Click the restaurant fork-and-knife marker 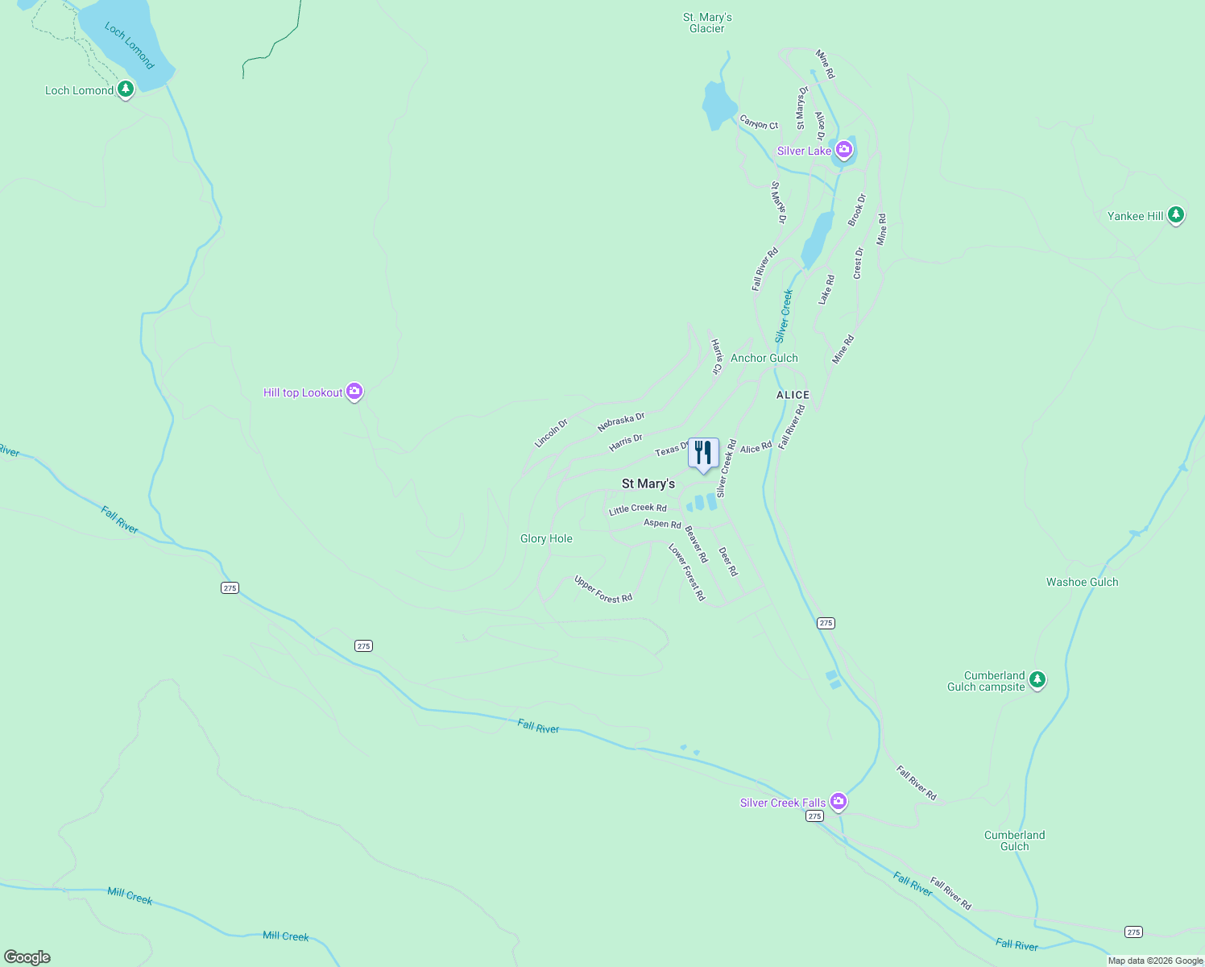coord(703,454)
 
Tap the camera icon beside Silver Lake coord(843,149)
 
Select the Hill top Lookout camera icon coord(354,392)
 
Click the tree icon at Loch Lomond coord(125,89)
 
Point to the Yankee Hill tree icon coord(1176,215)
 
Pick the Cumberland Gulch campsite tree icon coord(1037,680)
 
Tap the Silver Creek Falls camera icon coord(839,801)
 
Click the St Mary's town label coord(648,483)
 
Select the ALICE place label coord(793,395)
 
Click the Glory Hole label coord(546,538)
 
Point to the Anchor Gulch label coord(764,358)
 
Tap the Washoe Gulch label coord(1082,582)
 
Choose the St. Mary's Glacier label coord(707,23)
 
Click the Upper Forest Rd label coord(602,589)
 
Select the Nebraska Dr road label coord(621,421)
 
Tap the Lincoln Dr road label coord(551,433)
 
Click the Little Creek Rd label coord(638,508)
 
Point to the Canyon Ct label coord(759,122)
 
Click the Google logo coord(27,957)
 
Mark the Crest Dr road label coord(858,264)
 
